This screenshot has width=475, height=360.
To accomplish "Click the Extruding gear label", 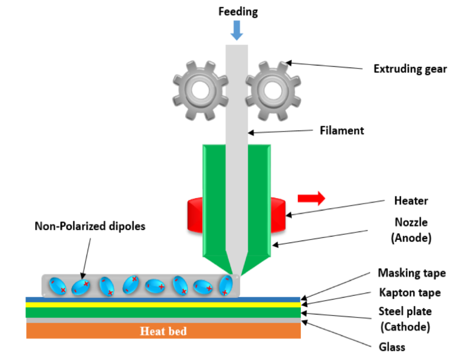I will pyautogui.click(x=410, y=69).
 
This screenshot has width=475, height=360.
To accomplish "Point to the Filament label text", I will pyautogui.click(x=342, y=130).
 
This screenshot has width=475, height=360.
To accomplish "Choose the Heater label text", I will pyautogui.click(x=411, y=201).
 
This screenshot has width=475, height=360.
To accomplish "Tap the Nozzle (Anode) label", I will pyautogui.click(x=411, y=230).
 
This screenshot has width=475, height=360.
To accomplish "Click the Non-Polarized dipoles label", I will pyautogui.click(x=90, y=226).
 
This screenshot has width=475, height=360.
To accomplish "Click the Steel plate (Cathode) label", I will pyautogui.click(x=404, y=318).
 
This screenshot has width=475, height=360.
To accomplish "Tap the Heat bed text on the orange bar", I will pyautogui.click(x=163, y=331).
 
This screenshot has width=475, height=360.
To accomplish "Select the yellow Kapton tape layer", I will pyautogui.click(x=163, y=304).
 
